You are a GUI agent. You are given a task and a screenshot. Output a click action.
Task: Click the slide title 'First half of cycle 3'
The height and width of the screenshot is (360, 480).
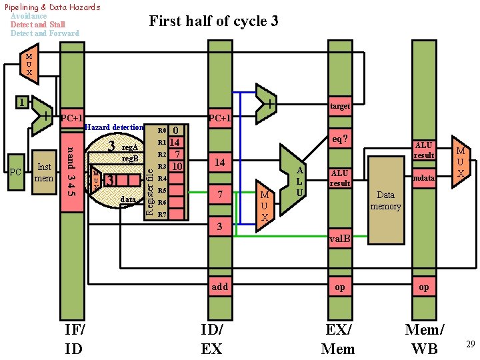point(213,21)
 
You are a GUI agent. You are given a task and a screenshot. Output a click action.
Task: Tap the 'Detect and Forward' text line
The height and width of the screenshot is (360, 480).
point(45,33)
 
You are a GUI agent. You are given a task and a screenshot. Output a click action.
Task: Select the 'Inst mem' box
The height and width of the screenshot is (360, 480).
point(45,172)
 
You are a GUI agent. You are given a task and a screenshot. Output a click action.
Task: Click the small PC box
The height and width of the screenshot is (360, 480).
point(16,173)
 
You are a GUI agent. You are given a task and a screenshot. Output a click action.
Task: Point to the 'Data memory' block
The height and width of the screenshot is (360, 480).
point(386,200)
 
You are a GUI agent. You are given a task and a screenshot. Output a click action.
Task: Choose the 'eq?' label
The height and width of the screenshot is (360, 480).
point(339,139)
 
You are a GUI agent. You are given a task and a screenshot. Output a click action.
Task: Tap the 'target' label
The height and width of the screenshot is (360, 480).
point(340,106)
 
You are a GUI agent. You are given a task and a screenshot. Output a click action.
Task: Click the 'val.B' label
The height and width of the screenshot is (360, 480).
point(340,239)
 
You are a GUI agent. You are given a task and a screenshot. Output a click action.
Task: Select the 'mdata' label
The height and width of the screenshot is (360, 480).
point(424,178)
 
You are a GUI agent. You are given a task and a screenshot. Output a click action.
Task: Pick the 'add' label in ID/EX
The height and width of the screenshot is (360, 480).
point(219,287)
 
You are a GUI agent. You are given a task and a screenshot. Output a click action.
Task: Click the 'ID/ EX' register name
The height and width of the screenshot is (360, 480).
point(212,339)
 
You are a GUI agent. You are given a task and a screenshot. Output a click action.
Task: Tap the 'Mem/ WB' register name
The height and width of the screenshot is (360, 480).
point(425,339)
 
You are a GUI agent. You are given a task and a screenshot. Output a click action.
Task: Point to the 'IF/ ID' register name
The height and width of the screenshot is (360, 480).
point(74,339)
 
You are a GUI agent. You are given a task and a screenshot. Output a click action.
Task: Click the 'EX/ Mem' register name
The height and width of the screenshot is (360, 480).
point(338,339)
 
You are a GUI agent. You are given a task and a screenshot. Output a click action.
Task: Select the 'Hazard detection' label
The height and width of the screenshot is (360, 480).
point(115,127)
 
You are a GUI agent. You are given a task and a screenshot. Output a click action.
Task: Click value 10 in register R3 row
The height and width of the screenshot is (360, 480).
point(176,166)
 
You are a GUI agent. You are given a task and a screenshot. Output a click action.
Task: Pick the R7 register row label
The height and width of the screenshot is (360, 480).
point(162,215)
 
